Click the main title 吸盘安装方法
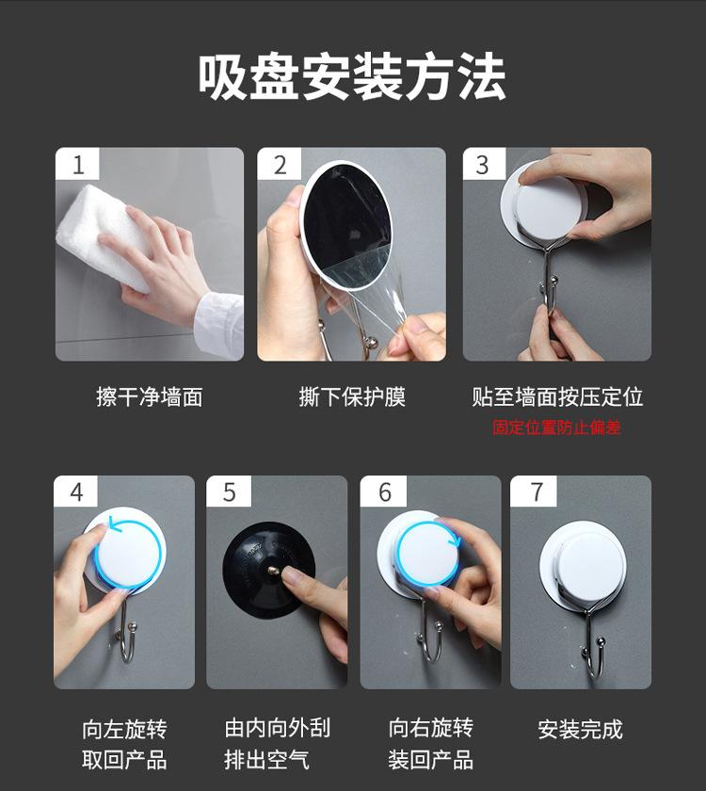[351, 77]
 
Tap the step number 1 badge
[77, 164]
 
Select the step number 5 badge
[229, 491]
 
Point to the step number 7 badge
[534, 491]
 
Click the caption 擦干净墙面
[150, 397]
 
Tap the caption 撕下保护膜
[352, 397]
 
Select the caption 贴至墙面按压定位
[557, 397]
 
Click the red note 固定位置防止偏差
[556, 428]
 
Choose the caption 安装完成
[581, 730]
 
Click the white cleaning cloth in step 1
[104, 234]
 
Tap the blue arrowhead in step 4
[115, 525]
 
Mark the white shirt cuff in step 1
[220, 324]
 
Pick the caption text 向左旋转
[124, 730]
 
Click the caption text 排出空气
[266, 760]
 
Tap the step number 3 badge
[483, 164]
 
